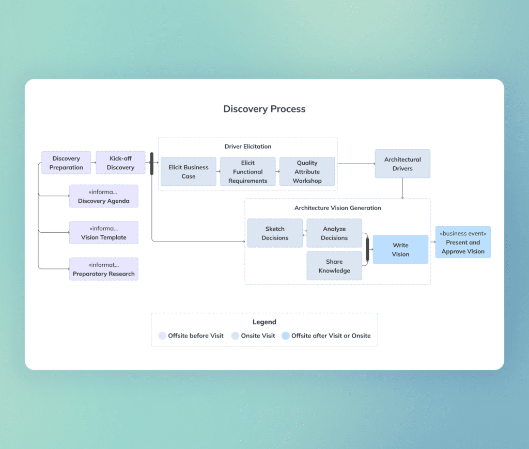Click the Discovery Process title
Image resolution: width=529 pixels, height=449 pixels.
click(264, 109)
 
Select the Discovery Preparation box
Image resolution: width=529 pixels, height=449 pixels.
click(66, 163)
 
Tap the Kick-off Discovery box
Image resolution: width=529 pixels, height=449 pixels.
click(120, 163)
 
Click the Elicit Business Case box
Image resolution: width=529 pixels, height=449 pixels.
click(189, 172)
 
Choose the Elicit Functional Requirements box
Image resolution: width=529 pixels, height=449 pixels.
click(248, 172)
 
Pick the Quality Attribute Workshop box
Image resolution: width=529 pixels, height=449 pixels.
click(307, 172)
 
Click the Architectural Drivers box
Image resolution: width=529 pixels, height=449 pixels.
click(402, 164)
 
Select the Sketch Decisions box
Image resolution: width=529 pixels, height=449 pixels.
click(275, 233)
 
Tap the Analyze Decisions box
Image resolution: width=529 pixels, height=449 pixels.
click(334, 233)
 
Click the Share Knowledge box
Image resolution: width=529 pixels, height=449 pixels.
click(334, 266)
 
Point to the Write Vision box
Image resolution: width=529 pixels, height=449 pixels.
click(400, 250)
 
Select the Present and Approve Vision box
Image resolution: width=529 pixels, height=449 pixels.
click(463, 243)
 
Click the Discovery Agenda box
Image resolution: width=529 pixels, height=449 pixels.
click(104, 197)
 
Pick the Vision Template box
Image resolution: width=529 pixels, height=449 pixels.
click(104, 233)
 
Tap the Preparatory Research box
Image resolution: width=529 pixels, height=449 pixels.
click(104, 269)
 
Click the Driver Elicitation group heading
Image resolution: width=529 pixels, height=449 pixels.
click(248, 147)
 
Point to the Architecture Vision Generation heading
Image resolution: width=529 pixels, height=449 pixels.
click(338, 208)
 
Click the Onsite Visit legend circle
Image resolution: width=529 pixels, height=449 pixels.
click(235, 336)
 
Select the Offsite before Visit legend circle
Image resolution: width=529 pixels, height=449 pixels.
click(162, 336)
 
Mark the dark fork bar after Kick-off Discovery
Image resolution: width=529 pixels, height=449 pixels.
click(152, 164)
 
